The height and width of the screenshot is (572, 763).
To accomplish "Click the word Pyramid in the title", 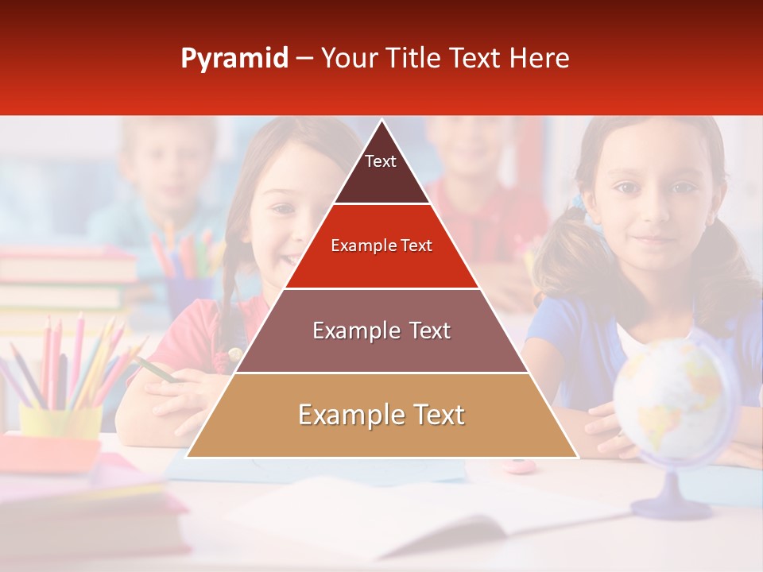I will click(234, 59).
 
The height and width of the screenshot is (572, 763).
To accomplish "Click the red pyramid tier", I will click(381, 246).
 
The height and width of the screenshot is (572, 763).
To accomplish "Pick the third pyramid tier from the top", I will click(381, 330).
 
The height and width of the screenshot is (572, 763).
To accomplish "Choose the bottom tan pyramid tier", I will click(381, 415).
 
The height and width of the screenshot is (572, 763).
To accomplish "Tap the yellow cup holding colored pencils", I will click(60, 422).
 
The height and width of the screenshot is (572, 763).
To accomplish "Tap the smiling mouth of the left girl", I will click(292, 258).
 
